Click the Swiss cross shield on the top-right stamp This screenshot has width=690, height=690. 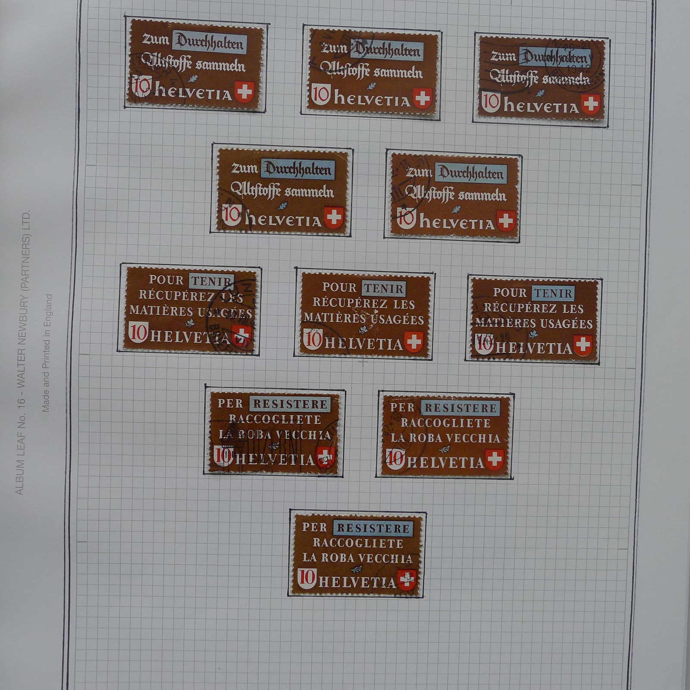pyautogui.click(x=590, y=104)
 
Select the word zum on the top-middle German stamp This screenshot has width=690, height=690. pyautogui.click(x=335, y=47)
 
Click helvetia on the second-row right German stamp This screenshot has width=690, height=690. pyautogui.click(x=457, y=223)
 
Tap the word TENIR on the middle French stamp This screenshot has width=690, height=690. pyautogui.click(x=383, y=289)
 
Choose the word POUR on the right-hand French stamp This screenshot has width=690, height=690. pyautogui.click(x=510, y=292)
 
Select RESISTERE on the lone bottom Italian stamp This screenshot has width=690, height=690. pyautogui.click(x=373, y=528)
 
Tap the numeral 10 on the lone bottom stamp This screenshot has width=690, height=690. pyautogui.click(x=307, y=577)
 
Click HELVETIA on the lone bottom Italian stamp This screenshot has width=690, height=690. pyautogui.click(x=357, y=582)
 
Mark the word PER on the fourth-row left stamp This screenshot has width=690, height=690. pyautogui.click(x=230, y=403)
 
